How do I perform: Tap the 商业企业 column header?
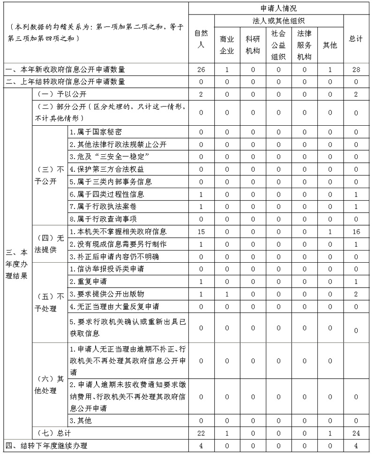tap(227, 45)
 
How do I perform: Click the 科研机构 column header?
tap(253, 45)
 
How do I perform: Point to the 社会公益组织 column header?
tap(278, 45)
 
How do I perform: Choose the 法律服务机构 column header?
tap(304, 45)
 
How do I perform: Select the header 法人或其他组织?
tap(278, 21)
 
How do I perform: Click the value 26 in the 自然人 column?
tap(201, 70)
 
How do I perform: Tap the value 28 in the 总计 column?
tap(356, 70)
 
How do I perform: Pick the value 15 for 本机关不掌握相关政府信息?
tap(201, 232)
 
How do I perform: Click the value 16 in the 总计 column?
tap(356, 232)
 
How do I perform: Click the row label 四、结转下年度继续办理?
tap(47, 445)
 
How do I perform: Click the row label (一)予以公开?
tap(61, 94)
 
